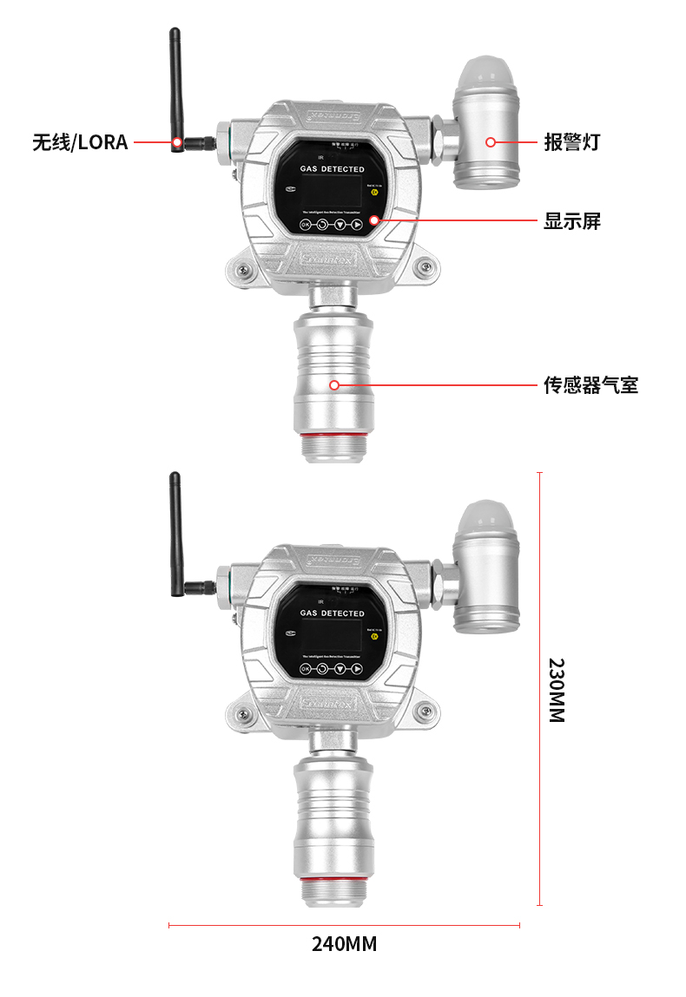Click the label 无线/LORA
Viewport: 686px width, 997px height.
pos(80,142)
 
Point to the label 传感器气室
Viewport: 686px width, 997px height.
pos(590,384)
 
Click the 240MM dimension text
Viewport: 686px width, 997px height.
pos(344,944)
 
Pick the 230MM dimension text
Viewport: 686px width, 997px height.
pos(557,690)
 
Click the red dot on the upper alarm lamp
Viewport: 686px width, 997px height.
pos(491,141)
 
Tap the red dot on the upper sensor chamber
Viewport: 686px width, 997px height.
pos(333,384)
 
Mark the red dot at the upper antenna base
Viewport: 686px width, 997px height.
pos(177,141)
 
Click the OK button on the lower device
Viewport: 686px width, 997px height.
pos(305,670)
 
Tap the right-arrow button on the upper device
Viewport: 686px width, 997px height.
pos(357,225)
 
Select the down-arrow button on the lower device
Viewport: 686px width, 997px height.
pos(340,670)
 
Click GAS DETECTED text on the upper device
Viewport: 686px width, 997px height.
pos(333,169)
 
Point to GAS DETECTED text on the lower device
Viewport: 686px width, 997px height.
pos(333,613)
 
